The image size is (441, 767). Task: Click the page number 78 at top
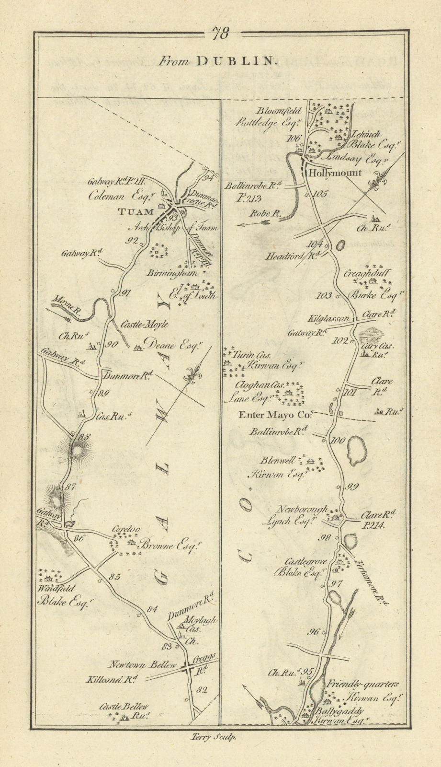(x=221, y=34)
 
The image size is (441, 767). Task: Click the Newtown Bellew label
(x=143, y=665)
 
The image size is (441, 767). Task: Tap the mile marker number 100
(x=338, y=441)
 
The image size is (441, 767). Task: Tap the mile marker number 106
(x=293, y=139)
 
